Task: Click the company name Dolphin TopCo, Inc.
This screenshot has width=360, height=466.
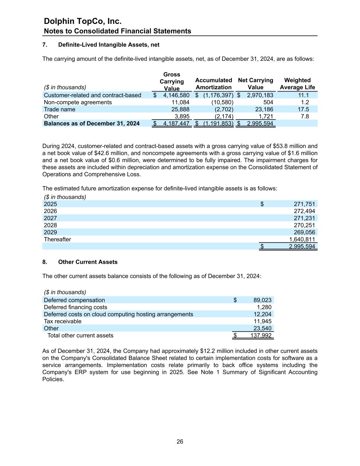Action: point(83,21)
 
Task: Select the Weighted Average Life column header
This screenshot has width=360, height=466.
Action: point(297,84)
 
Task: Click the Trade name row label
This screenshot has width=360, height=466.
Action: point(60,109)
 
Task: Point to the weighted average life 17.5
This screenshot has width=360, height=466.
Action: point(303,109)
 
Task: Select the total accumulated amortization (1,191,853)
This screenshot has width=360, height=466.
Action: point(218,123)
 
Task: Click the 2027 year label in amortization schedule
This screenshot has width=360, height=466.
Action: point(51,218)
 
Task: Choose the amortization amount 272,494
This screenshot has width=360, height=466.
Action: point(304,211)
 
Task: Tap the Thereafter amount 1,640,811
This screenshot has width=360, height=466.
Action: point(302,239)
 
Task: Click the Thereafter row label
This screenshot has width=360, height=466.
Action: point(58,239)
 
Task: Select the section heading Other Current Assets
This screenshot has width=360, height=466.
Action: point(88,262)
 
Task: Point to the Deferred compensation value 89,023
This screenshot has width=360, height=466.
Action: point(262,300)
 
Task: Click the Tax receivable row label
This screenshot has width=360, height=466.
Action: point(63,321)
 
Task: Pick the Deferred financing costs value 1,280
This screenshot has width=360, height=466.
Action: point(264,307)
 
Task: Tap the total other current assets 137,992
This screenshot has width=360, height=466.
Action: point(261,335)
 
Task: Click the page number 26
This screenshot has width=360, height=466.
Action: point(180,441)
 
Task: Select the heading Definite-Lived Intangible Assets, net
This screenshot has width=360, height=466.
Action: point(109,45)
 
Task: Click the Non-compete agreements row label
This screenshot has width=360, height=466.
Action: point(78,102)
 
